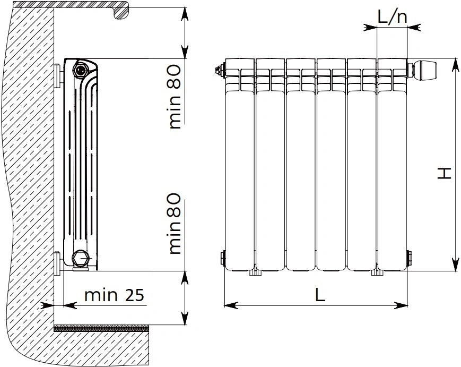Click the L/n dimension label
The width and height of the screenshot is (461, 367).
pyautogui.click(x=392, y=17)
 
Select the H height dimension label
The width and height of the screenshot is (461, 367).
pyautogui.click(x=444, y=173)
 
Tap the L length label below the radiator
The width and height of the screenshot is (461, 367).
pyautogui.click(x=320, y=295)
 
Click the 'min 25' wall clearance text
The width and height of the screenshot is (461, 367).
pyautogui.click(x=114, y=295)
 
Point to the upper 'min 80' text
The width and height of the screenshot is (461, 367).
pyautogui.click(x=175, y=97)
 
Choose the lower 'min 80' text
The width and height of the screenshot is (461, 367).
pyautogui.click(x=175, y=224)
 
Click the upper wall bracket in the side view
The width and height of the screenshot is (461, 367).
pyautogui.click(x=58, y=75)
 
